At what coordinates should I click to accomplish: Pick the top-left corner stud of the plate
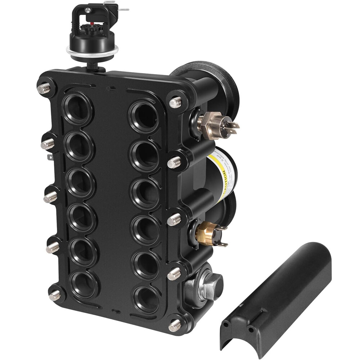pos(44,88)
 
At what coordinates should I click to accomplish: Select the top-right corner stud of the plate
pos(175,103)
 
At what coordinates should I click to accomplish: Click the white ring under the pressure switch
pos(92,53)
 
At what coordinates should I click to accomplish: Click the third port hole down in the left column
pos(80,182)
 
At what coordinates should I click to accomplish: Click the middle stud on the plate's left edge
pos(51,197)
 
